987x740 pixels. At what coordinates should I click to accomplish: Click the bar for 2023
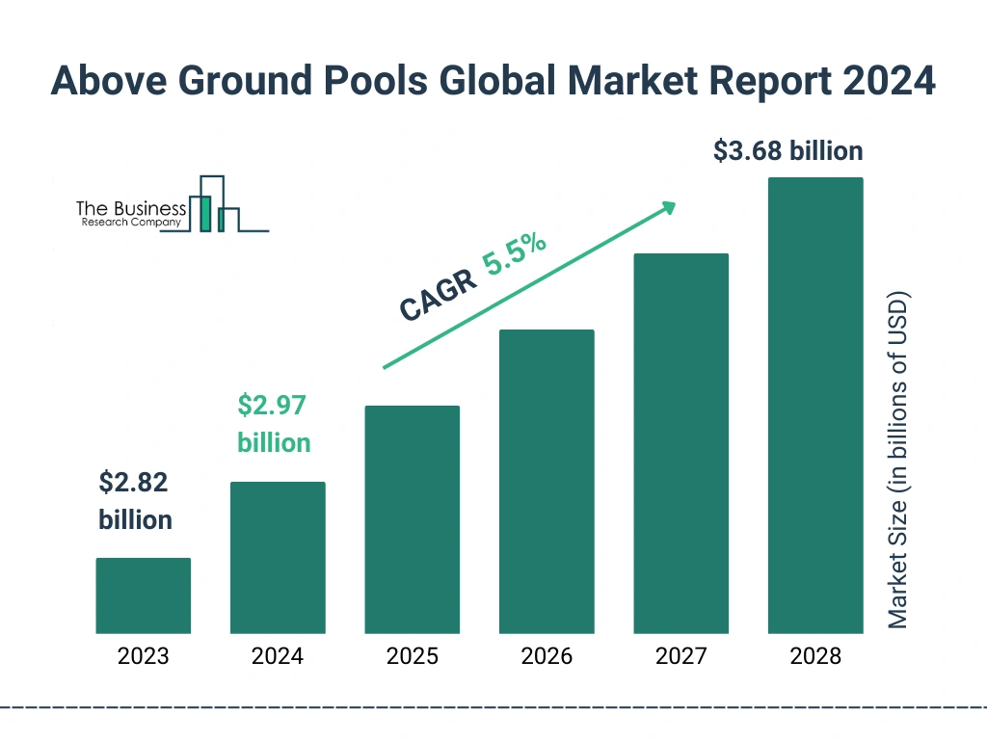(x=143, y=595)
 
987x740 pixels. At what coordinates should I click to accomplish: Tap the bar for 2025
(x=412, y=519)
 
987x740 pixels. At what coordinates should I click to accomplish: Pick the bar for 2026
(x=547, y=482)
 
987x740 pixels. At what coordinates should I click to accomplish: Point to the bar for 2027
(x=680, y=443)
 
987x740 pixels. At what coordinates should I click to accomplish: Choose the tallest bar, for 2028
(x=815, y=406)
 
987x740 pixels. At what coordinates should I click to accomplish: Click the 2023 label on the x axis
(x=143, y=657)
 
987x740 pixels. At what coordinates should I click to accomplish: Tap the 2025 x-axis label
(x=412, y=657)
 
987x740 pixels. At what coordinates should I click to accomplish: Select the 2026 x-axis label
(x=547, y=657)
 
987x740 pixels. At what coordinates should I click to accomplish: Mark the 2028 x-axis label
(x=815, y=657)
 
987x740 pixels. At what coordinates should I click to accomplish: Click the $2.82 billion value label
(x=135, y=501)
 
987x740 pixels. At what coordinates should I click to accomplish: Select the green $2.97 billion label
(x=274, y=424)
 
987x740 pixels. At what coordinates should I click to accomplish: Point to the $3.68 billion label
(x=787, y=151)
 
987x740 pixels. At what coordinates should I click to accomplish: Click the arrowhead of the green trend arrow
(x=667, y=207)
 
